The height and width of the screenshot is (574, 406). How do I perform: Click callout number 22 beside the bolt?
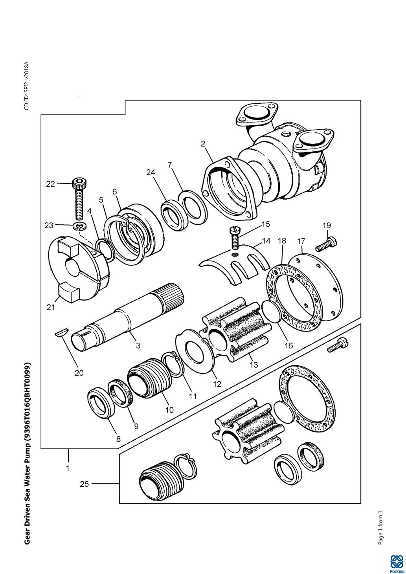(x=50, y=184)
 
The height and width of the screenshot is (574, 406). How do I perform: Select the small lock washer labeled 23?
(x=80, y=226)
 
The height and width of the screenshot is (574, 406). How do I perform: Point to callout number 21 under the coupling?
(x=51, y=307)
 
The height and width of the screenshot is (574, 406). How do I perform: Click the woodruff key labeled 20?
(x=61, y=334)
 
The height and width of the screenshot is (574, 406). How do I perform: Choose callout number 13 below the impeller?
(x=254, y=364)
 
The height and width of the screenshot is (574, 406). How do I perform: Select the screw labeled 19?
(x=326, y=244)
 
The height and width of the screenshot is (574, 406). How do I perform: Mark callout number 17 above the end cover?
(x=301, y=241)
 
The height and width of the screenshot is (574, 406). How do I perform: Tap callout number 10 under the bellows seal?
(x=169, y=410)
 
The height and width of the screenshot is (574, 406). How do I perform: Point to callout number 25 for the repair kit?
(x=85, y=484)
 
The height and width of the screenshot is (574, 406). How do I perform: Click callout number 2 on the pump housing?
(x=203, y=144)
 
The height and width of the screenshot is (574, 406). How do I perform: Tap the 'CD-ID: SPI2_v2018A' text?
(x=27, y=86)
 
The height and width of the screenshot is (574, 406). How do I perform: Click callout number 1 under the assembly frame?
(x=68, y=468)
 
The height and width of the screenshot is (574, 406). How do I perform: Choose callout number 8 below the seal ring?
(x=118, y=439)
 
